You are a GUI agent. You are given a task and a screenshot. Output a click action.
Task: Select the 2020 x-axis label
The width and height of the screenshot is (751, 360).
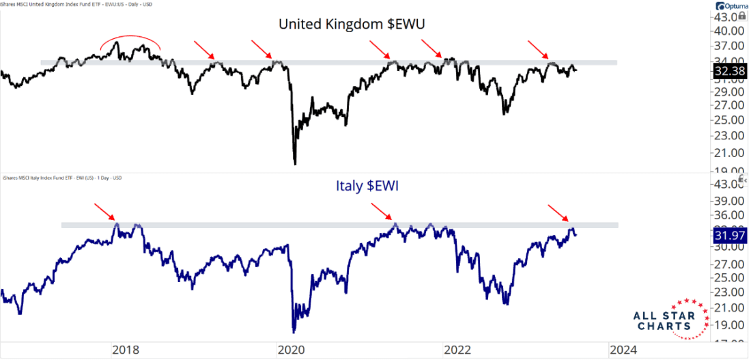pyautogui.click(x=291, y=350)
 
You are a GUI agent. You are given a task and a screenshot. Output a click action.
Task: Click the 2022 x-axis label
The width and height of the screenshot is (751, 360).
pyautogui.click(x=457, y=350)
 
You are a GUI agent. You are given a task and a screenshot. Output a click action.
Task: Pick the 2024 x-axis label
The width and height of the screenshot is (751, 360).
pyautogui.click(x=623, y=350)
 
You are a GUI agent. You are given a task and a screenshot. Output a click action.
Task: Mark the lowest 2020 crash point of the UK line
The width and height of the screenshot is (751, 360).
pyautogui.click(x=295, y=163)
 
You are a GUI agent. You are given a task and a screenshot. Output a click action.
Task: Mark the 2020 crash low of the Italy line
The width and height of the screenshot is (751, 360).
pyautogui.click(x=294, y=332)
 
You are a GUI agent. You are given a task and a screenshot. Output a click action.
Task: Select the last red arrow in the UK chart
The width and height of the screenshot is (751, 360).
pyautogui.click(x=538, y=49)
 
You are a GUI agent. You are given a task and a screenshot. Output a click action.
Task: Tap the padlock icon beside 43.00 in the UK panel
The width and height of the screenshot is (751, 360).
pyautogui.click(x=742, y=15)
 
